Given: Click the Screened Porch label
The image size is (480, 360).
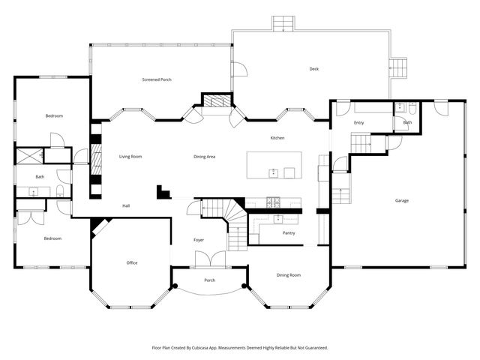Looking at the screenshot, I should pos(157,79).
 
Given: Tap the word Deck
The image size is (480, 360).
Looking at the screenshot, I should pos(314,69).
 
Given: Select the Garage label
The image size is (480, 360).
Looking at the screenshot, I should pos(403,200).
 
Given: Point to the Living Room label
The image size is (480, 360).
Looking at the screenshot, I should pos(130,157).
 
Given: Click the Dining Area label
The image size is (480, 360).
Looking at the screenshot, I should pos(205,157).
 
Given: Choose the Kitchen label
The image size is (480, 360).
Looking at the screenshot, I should pos(277,138).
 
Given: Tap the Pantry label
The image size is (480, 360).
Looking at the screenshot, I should pos(289,232).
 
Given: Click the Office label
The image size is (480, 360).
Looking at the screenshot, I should pos(132,262).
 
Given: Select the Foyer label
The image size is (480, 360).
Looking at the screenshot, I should pos(199,240).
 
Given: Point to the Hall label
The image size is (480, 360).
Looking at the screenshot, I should pos(127,205).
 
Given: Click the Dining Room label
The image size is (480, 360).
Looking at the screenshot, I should pos(289,275).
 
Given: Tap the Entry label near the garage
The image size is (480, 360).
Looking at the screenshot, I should pos(359,122).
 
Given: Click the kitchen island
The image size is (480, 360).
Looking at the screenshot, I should pos(274,165).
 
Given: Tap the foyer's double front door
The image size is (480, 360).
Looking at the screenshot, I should pos(209,259).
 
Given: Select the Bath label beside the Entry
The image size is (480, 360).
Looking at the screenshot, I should pos(407,122).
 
